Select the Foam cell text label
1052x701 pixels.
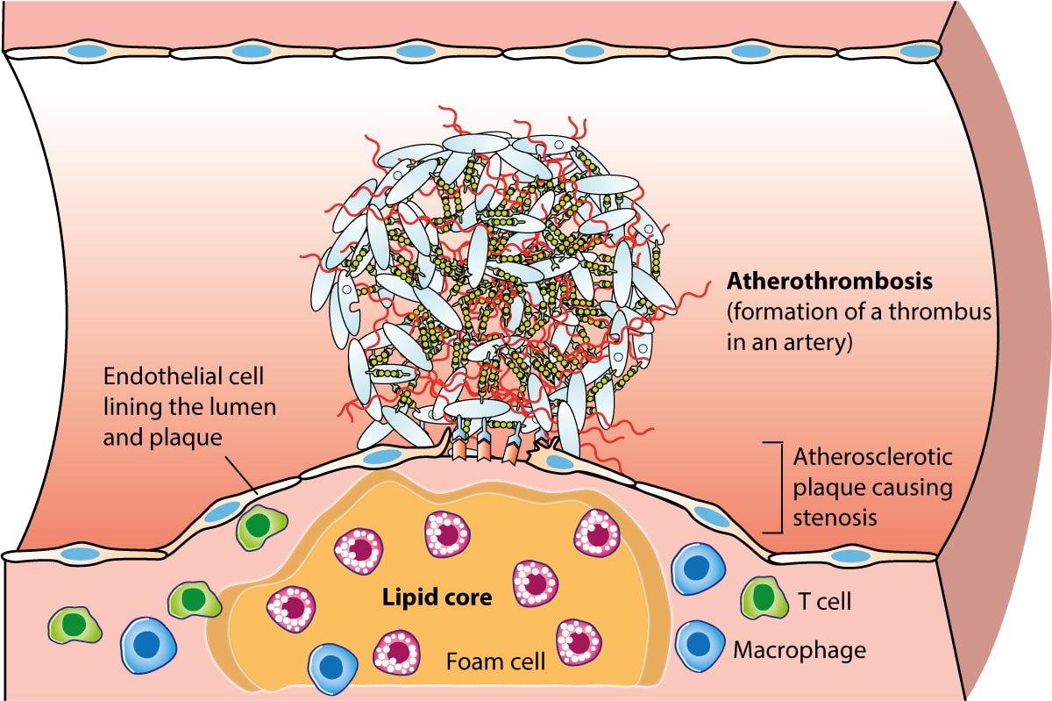click(x=497, y=660)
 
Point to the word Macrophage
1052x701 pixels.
click(x=799, y=650)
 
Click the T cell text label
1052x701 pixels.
click(x=825, y=601)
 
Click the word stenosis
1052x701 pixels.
click(x=835, y=517)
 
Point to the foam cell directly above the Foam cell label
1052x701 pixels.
click(x=398, y=650)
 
